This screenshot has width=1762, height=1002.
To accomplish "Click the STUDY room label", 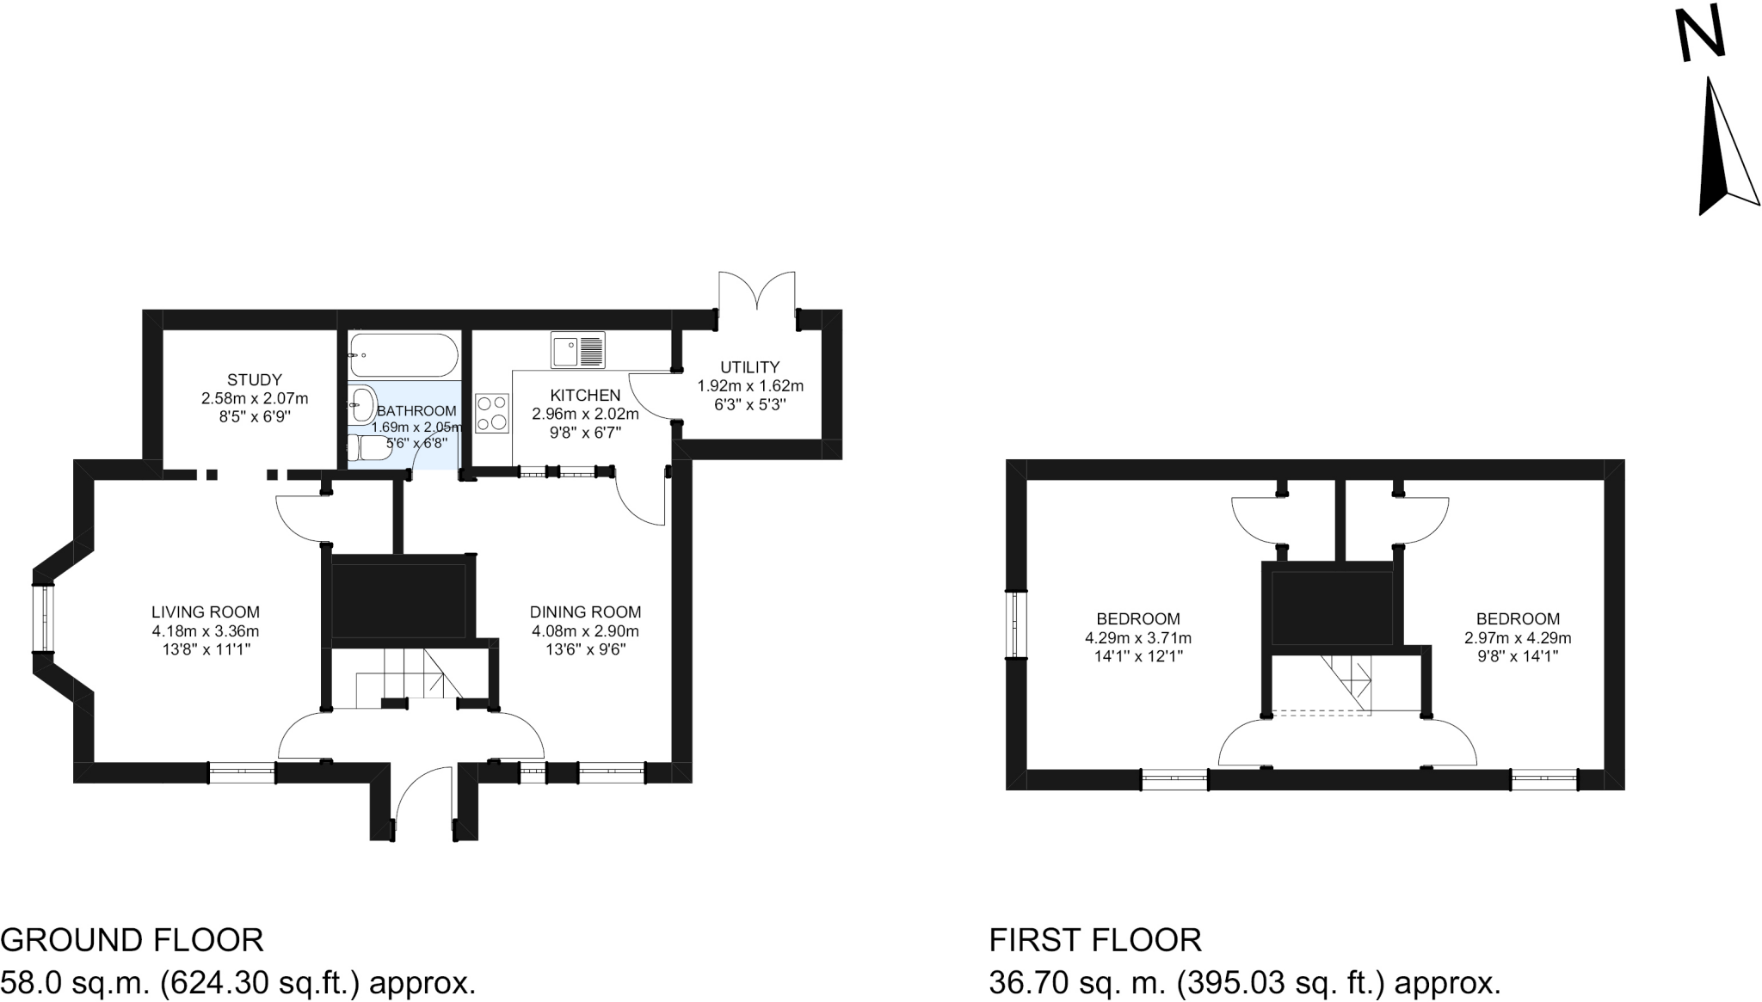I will click(x=255, y=379).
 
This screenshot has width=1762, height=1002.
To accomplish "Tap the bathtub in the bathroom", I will click(x=402, y=355).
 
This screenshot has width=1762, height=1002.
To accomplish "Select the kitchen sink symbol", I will click(x=578, y=350).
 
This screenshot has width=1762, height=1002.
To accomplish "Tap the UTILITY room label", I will click(x=750, y=367).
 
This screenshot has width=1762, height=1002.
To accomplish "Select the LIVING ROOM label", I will click(x=206, y=612).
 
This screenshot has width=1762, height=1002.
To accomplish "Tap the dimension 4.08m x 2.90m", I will click(x=585, y=630).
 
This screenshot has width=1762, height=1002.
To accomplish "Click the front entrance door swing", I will click(x=422, y=791).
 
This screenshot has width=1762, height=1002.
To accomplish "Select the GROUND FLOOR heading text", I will click(x=132, y=940).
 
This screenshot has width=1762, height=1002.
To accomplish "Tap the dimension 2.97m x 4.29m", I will click(x=1518, y=638).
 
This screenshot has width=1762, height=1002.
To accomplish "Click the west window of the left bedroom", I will click(x=1017, y=624).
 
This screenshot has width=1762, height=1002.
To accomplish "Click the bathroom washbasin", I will click(x=363, y=403).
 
